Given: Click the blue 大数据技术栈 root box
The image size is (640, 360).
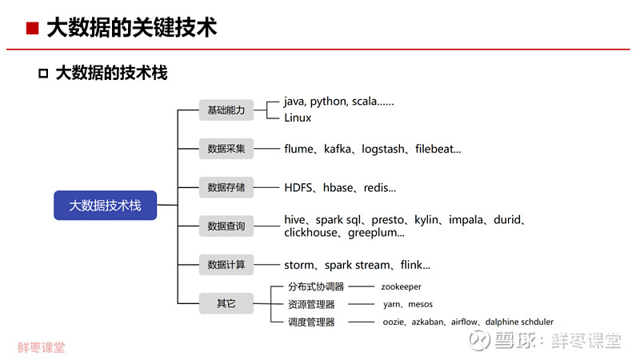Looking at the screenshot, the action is point(106,206).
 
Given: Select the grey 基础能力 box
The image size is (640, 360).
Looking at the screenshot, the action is point(226,110).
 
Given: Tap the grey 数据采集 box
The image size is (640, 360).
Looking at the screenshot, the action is point(226,149).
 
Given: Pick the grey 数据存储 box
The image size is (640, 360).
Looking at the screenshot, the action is point(226,187).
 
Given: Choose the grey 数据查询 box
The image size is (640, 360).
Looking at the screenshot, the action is point(226,226).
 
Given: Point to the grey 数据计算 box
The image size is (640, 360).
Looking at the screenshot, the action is point(226,265).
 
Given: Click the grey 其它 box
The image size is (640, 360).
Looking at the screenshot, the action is point(226,303).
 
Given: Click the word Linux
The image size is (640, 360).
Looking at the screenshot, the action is point(298,118).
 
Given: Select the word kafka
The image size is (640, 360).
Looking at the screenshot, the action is point(338,149).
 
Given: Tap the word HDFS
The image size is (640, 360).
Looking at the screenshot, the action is point(298,188).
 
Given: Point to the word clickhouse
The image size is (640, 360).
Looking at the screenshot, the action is point(310,233).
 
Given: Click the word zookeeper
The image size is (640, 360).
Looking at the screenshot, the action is point(402,287).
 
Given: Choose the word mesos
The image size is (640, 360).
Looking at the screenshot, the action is point(420,305).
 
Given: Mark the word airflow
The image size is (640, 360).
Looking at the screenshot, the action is point(464,322).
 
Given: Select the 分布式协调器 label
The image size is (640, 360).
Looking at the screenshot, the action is point(316,286).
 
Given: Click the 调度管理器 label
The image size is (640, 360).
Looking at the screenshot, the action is point(311,322).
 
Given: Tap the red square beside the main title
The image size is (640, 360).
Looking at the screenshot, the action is point(32,28).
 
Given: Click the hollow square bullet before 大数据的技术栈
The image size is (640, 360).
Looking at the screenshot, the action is point(43,74).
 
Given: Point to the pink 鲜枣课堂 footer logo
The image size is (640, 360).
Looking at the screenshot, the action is point(42,347).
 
